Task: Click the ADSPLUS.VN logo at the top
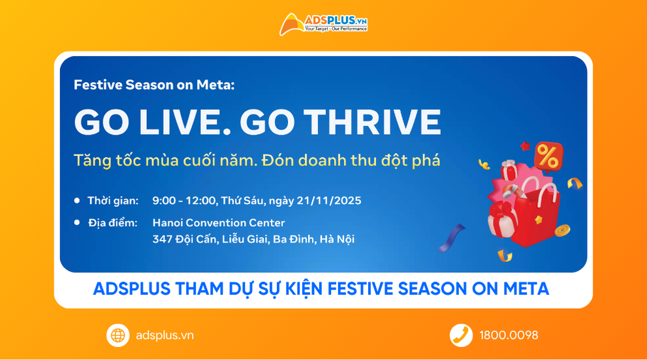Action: (323, 25)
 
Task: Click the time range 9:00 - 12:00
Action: (183, 200)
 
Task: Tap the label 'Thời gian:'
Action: (113, 200)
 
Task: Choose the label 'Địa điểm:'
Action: (113, 223)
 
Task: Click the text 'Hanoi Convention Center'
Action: (219, 223)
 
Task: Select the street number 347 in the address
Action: (162, 239)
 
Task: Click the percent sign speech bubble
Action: (547, 157)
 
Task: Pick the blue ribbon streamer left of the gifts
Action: (452, 238)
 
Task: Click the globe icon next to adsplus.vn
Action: (118, 335)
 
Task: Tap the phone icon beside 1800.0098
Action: (461, 335)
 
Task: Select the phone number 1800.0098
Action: (509, 335)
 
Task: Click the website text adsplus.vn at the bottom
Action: (165, 335)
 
